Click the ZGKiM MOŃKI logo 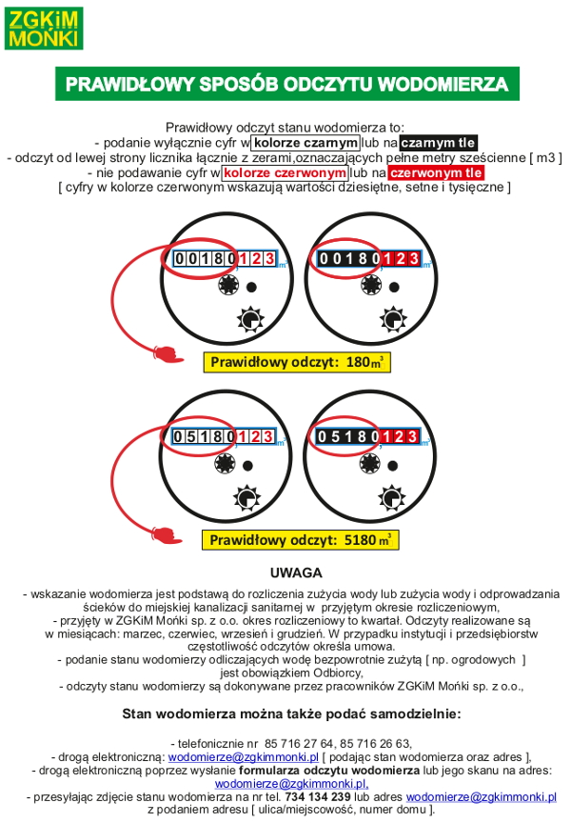[44, 28]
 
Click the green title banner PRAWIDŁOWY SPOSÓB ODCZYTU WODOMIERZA [286, 84]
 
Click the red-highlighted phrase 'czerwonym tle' [436, 173]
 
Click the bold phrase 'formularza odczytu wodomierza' [328, 770]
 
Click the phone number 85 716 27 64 [303, 742]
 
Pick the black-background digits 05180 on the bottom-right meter [349, 437]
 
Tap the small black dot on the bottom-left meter [251, 465]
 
